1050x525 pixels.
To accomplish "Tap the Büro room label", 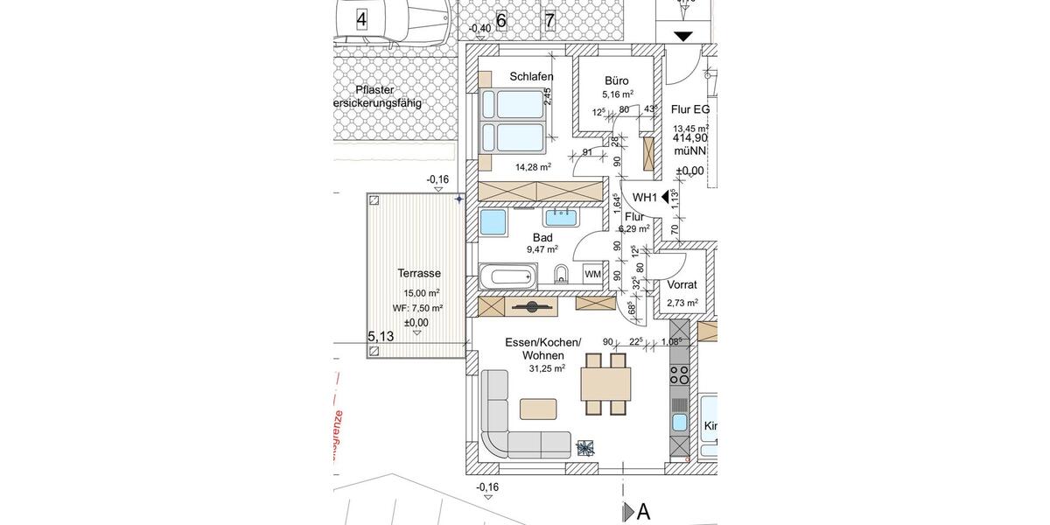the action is click(x=617, y=80).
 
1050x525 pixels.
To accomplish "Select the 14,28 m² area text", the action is click(x=532, y=167).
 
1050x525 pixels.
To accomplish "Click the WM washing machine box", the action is click(x=592, y=275).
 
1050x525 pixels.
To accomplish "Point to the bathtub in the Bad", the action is click(x=508, y=278).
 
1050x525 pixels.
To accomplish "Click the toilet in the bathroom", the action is click(x=562, y=277).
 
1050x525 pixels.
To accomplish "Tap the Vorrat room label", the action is click(x=682, y=285).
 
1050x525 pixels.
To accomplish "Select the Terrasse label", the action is click(x=419, y=273).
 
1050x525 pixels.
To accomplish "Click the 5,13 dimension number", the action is click(x=381, y=336).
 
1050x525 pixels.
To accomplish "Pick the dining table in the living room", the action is click(x=605, y=383).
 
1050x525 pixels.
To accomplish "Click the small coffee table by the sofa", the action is click(x=537, y=409).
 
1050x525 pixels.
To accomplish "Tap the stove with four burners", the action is click(x=680, y=375).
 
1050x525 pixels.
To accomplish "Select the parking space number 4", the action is click(x=361, y=17).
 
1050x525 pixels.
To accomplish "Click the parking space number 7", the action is click(x=549, y=21).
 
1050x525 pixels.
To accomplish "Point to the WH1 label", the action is click(x=645, y=198).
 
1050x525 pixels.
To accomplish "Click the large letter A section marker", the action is click(x=643, y=512).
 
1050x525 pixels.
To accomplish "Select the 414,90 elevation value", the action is click(x=690, y=138).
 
